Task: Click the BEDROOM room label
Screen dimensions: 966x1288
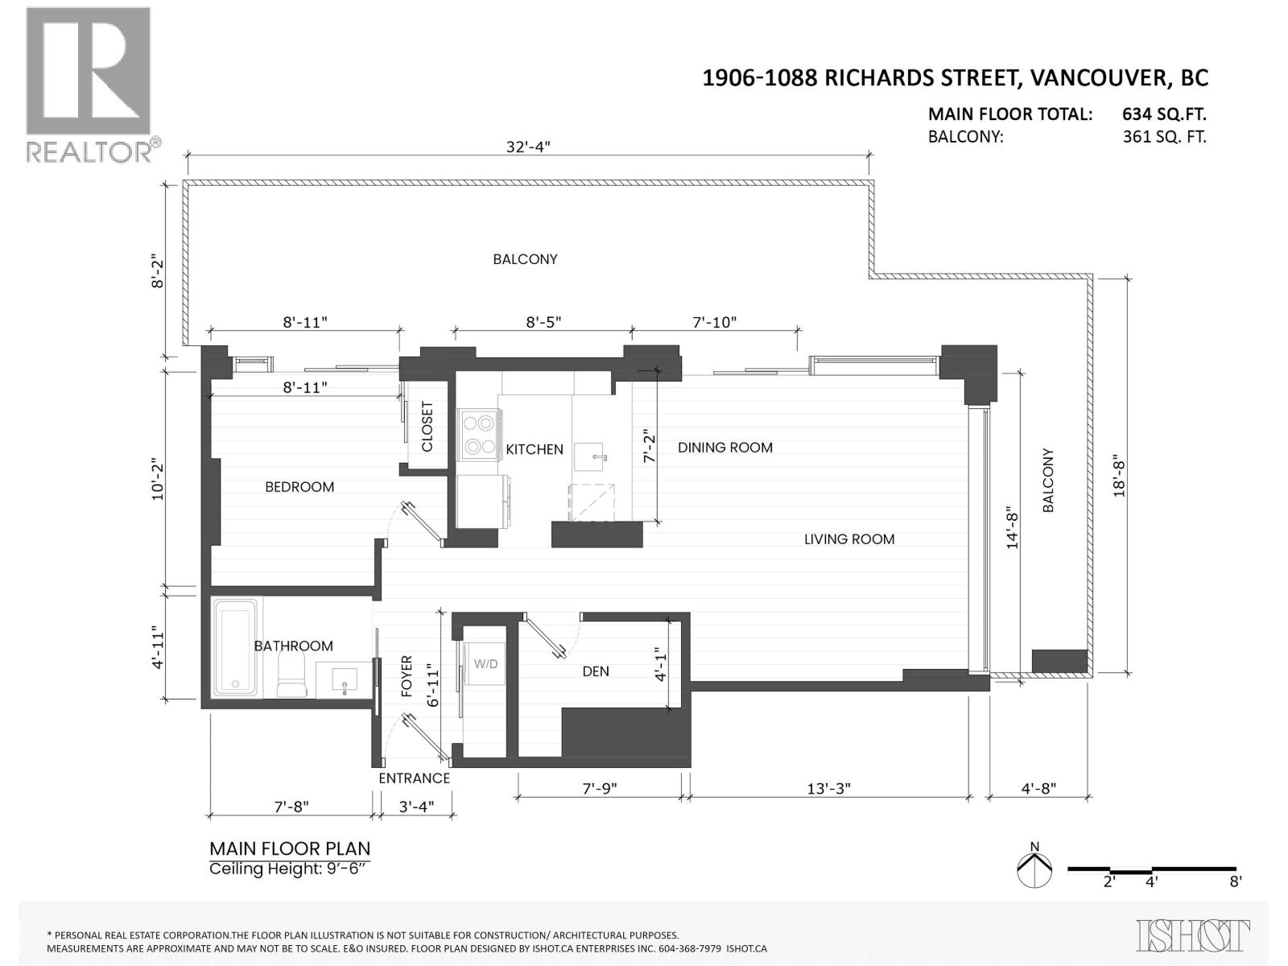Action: [299, 487]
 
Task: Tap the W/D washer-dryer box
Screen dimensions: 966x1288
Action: [485, 664]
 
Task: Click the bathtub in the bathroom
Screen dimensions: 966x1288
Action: [236, 646]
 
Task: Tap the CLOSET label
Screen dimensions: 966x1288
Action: [427, 427]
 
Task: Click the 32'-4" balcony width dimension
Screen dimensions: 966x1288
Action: [528, 147]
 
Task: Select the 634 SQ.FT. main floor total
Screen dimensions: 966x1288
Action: [1164, 114]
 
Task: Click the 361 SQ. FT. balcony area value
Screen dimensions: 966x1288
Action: [1164, 137]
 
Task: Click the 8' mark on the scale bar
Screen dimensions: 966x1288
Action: [1235, 881]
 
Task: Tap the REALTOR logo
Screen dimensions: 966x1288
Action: [89, 85]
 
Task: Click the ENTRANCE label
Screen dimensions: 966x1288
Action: [414, 778]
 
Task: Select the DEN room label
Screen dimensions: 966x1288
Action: [596, 671]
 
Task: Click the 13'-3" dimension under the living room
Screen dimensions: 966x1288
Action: [828, 789]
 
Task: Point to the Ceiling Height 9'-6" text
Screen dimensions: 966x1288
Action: [290, 869]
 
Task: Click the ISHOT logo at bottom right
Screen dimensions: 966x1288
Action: [1193, 935]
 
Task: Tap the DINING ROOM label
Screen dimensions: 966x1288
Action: [724, 448]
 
